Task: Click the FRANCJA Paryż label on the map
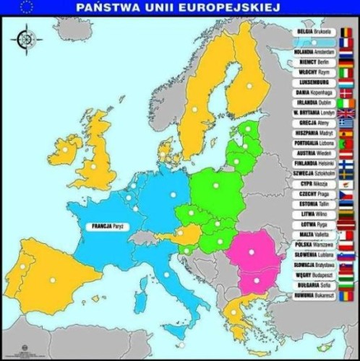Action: [x=111, y=226]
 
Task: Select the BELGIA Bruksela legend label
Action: [x=314, y=32]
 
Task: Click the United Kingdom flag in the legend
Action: [x=346, y=113]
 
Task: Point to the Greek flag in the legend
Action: [x=346, y=123]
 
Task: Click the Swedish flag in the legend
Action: [x=346, y=174]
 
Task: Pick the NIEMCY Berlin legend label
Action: [x=314, y=63]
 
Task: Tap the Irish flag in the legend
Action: [x=346, y=103]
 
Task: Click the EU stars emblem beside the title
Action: [x=27, y=8]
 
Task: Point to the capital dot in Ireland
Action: [x=64, y=149]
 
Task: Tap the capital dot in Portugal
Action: [x=22, y=267]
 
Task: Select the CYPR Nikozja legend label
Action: [x=314, y=184]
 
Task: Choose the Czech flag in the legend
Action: [x=346, y=194]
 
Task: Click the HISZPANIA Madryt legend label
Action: [x=314, y=134]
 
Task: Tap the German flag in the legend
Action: [x=346, y=63]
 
